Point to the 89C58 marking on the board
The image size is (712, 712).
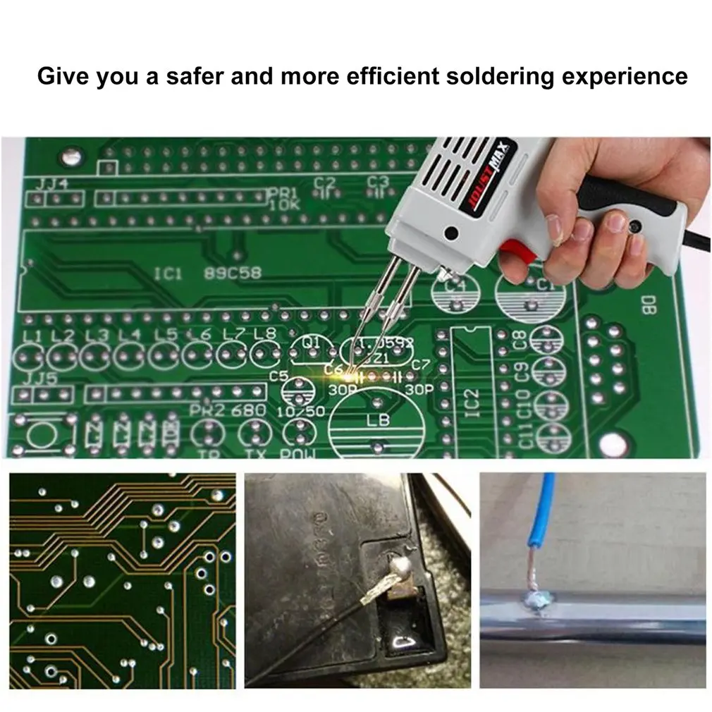click(232, 272)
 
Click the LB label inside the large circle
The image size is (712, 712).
click(378, 421)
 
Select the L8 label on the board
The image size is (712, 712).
click(264, 333)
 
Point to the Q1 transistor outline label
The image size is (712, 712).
click(311, 343)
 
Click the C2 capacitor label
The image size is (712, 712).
click(325, 183)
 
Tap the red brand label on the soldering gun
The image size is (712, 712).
click(491, 176)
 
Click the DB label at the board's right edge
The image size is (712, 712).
click(647, 305)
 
